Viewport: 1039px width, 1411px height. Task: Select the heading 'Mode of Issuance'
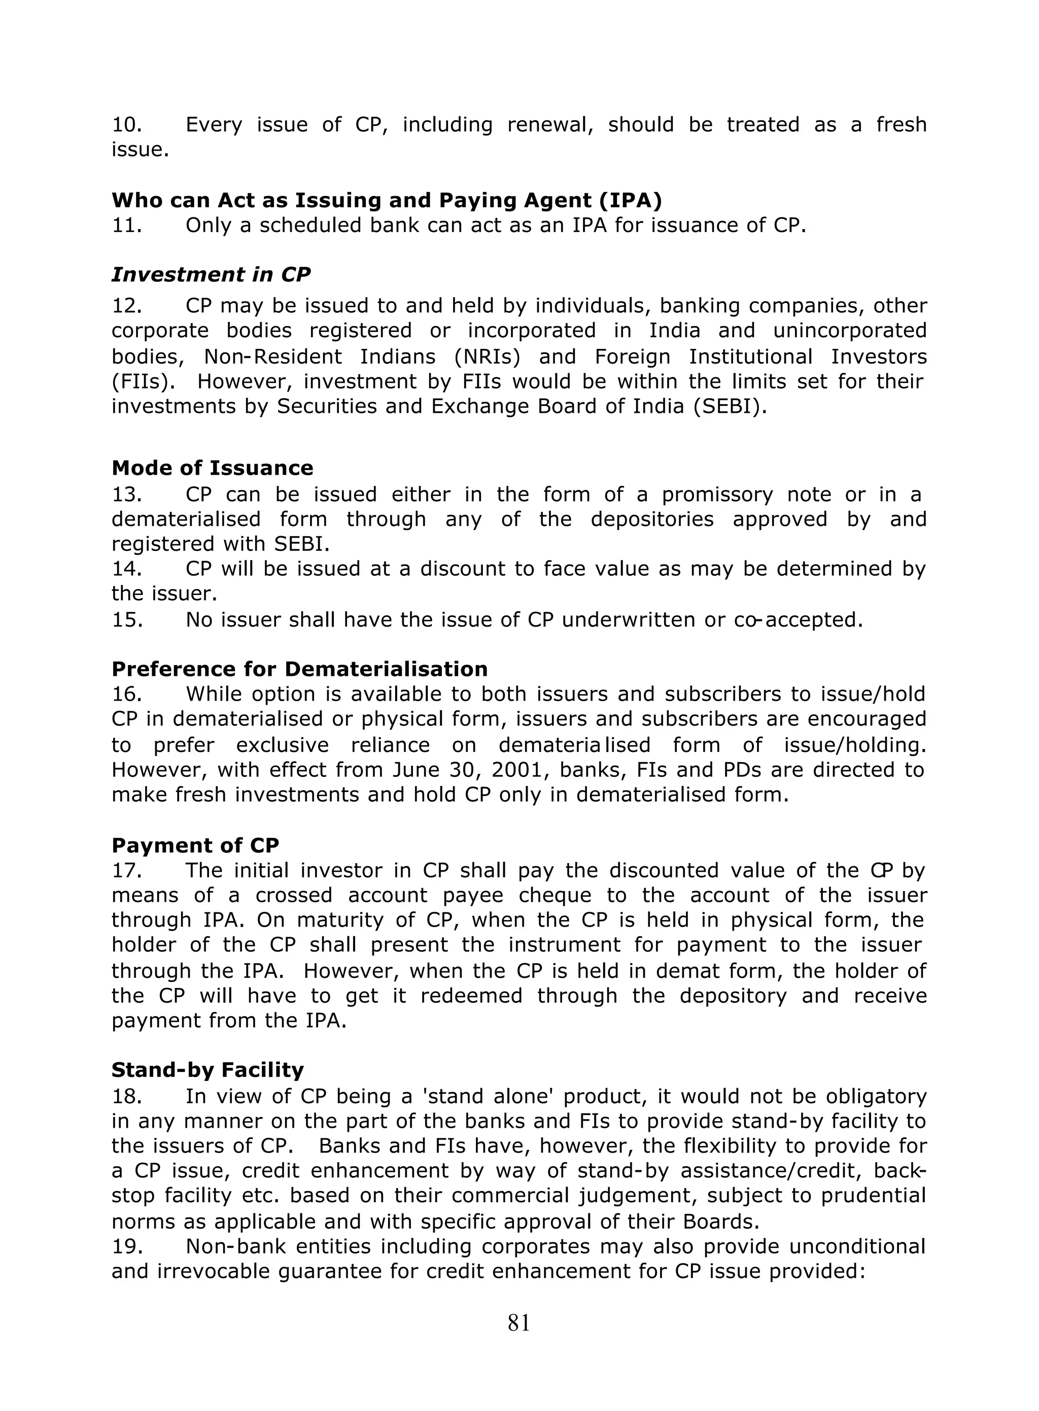pos(212,468)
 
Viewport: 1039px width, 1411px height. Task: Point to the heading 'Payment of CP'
pos(195,844)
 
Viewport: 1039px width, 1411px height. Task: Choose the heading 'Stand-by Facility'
pos(207,1070)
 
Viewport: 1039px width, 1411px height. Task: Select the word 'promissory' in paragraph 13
pos(717,495)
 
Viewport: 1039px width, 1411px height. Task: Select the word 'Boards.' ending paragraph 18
pos(721,1222)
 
